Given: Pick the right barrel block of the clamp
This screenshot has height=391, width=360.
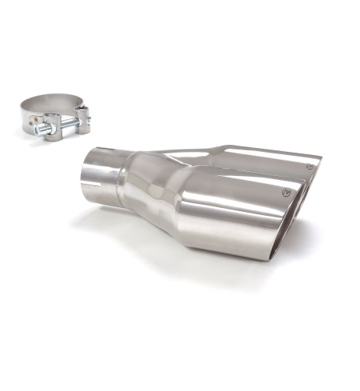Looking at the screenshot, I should point(81,121).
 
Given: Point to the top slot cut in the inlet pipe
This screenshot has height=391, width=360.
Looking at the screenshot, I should point(101,149).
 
